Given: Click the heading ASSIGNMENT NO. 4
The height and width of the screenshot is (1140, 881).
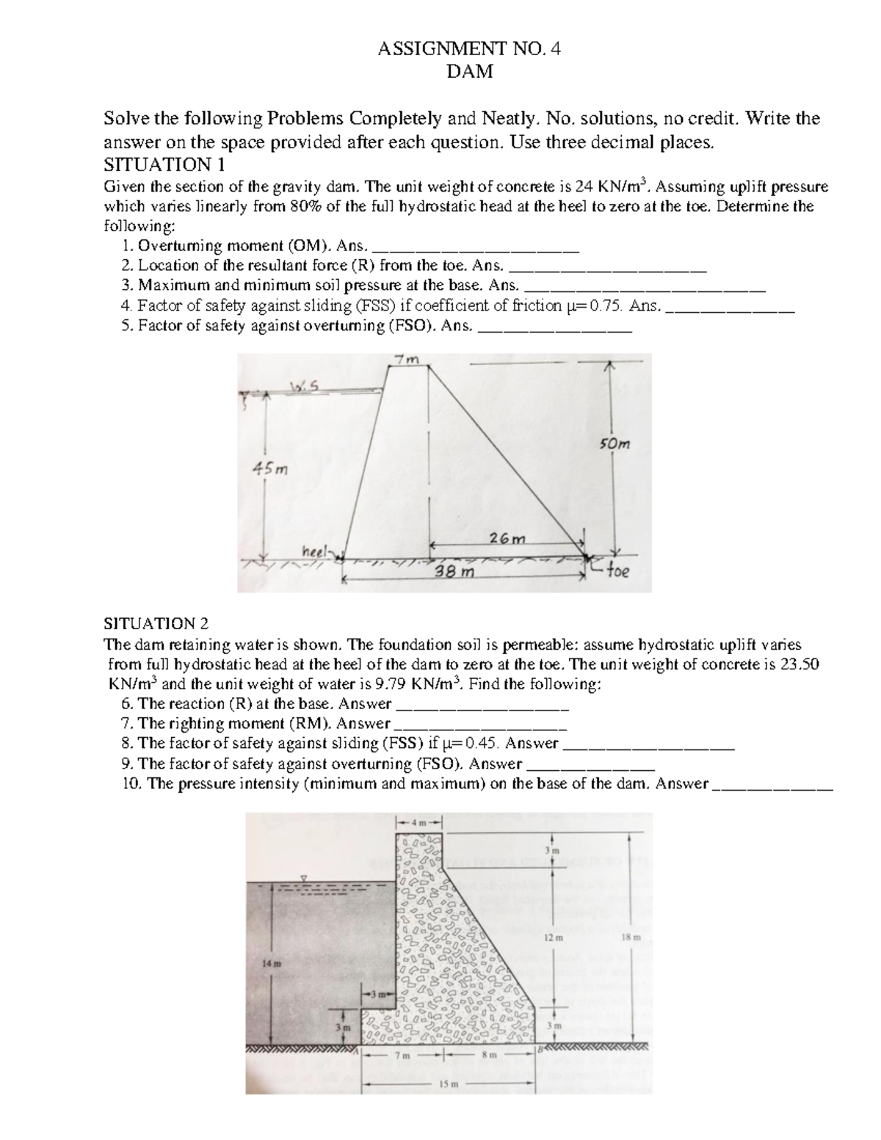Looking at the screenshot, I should [x=469, y=50].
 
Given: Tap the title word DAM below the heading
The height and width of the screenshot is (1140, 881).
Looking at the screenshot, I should [x=469, y=72].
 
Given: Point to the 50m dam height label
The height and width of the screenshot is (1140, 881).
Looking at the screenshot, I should [x=614, y=443].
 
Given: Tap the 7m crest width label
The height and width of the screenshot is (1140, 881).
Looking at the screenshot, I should [x=406, y=360].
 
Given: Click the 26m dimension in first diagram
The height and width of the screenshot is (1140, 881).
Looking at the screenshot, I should [x=508, y=538].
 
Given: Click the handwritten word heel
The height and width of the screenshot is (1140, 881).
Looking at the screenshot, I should [x=315, y=551].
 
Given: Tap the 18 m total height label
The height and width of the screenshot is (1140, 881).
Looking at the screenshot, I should [x=631, y=937].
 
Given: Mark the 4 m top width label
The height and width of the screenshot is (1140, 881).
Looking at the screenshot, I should [x=418, y=822].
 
